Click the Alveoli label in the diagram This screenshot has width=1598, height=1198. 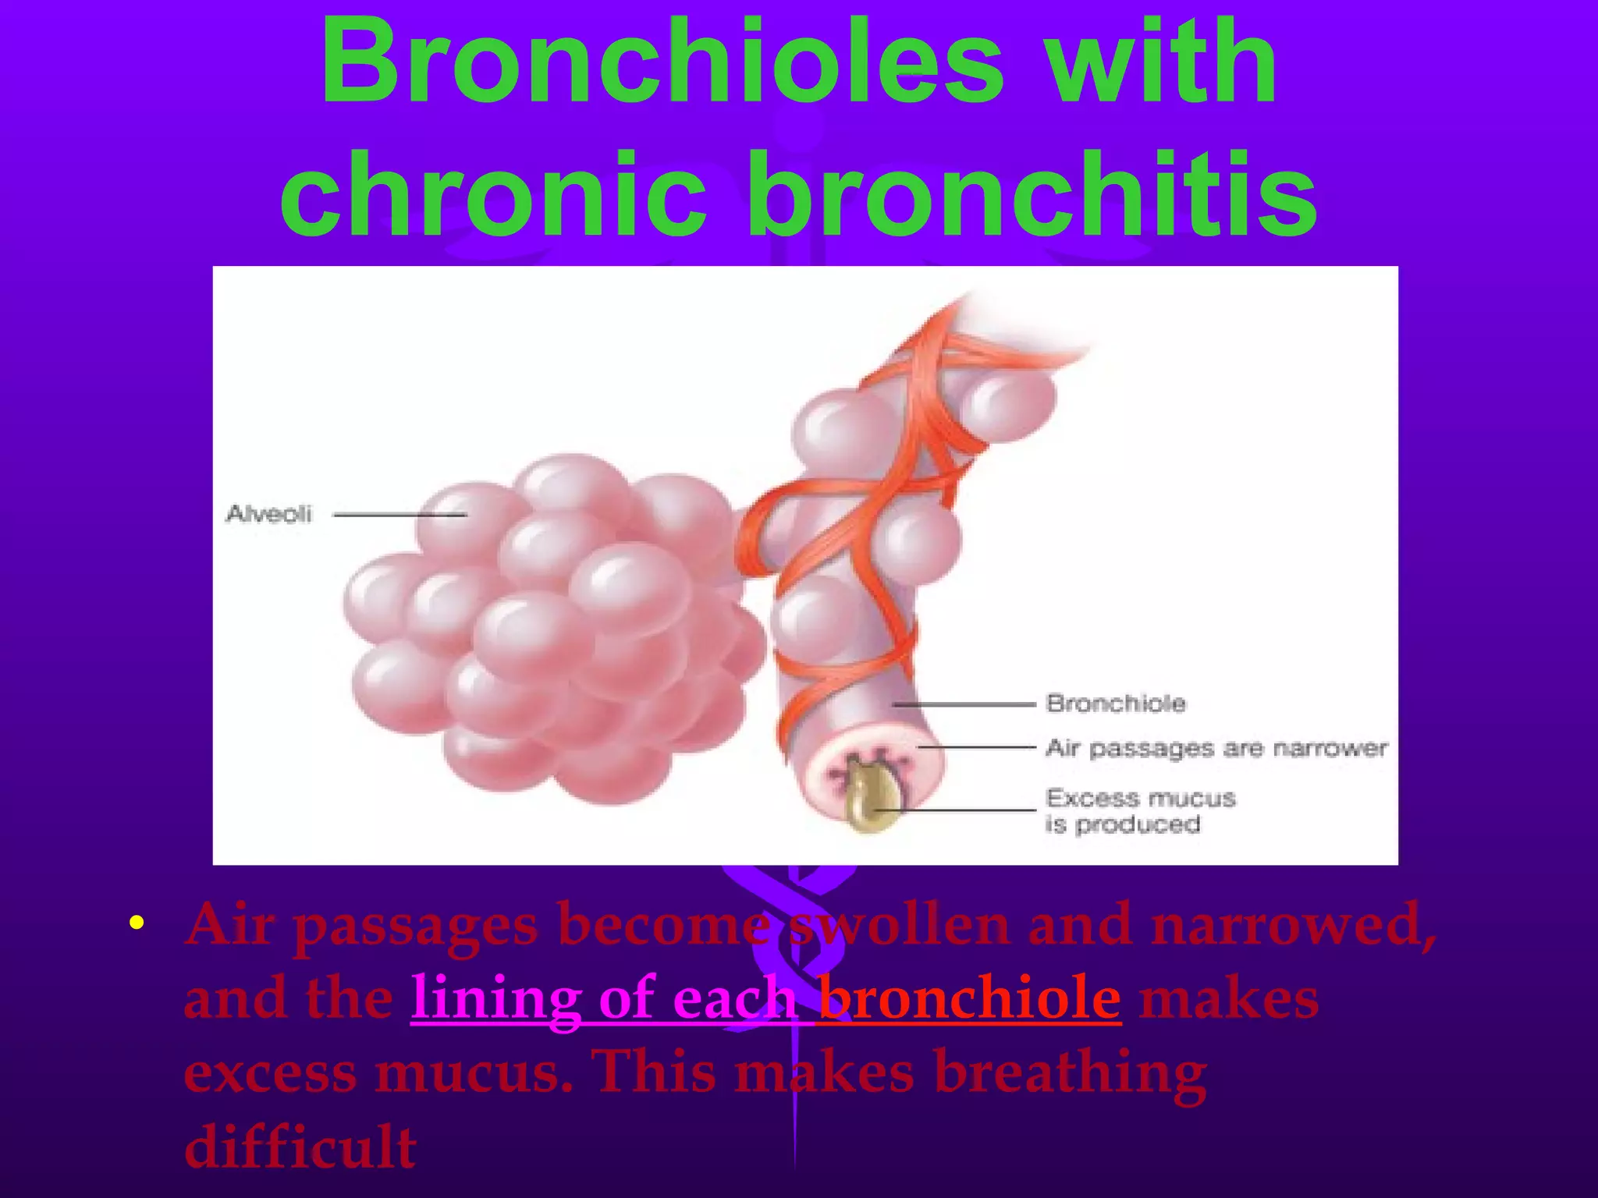click(269, 514)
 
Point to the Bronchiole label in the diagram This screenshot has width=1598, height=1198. click(1116, 704)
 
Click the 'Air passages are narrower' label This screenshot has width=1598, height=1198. click(1216, 749)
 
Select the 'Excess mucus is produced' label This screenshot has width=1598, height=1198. click(1140, 811)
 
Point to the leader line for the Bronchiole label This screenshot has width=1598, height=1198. click(964, 704)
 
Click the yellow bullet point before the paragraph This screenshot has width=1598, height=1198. click(137, 924)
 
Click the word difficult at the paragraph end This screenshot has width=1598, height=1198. click(300, 1147)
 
